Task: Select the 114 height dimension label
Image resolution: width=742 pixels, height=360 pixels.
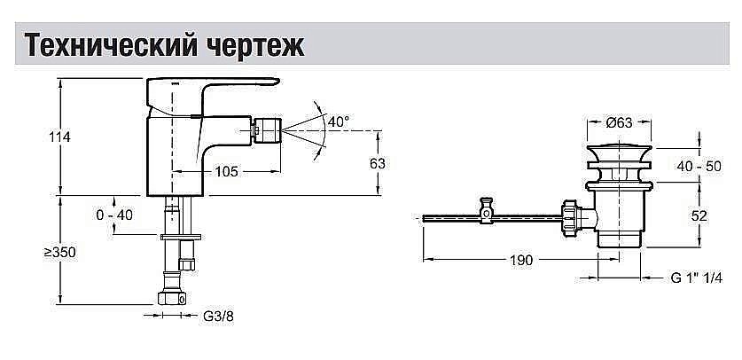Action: [x=59, y=137]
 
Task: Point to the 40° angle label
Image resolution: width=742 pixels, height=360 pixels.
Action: [x=339, y=121]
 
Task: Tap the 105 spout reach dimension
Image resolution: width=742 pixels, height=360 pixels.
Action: [x=226, y=171]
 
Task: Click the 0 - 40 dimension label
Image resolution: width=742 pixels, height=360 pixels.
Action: [x=114, y=215]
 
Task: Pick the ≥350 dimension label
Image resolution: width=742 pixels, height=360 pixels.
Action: [x=59, y=252]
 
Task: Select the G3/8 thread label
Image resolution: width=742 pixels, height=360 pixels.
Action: [x=219, y=316]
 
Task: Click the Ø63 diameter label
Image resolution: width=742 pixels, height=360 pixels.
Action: [x=619, y=122]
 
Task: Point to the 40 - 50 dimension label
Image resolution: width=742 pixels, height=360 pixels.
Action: [x=699, y=166]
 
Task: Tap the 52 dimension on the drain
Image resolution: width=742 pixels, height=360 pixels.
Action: [x=699, y=215]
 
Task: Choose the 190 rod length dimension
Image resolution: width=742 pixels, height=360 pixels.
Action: [x=521, y=260]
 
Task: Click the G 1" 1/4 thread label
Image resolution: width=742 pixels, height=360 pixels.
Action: [x=697, y=278]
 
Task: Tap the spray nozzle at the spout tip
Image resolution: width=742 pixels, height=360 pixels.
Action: [x=268, y=130]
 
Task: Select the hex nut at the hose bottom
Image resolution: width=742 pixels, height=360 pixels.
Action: [x=171, y=298]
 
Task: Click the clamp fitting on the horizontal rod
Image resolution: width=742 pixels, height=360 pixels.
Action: [x=488, y=210]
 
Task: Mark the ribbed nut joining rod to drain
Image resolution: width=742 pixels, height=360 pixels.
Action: [x=570, y=216]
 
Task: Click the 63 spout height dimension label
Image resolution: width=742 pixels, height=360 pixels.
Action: [x=377, y=164]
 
